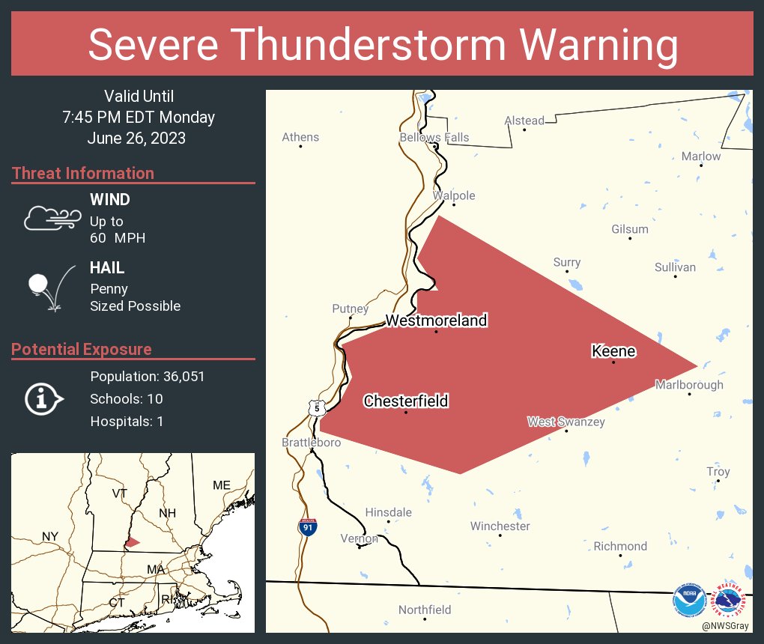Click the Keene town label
[613, 351]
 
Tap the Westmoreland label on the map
[436, 321]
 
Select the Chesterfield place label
[406, 401]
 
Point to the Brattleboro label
[311, 443]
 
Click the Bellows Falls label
[434, 137]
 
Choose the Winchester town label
[500, 526]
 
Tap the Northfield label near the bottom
[425, 610]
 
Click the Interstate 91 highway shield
[307, 526]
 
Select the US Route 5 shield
[317, 408]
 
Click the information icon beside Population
[43, 398]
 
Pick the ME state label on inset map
[221, 485]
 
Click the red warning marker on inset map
[132, 541]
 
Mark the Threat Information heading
[83, 173]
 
